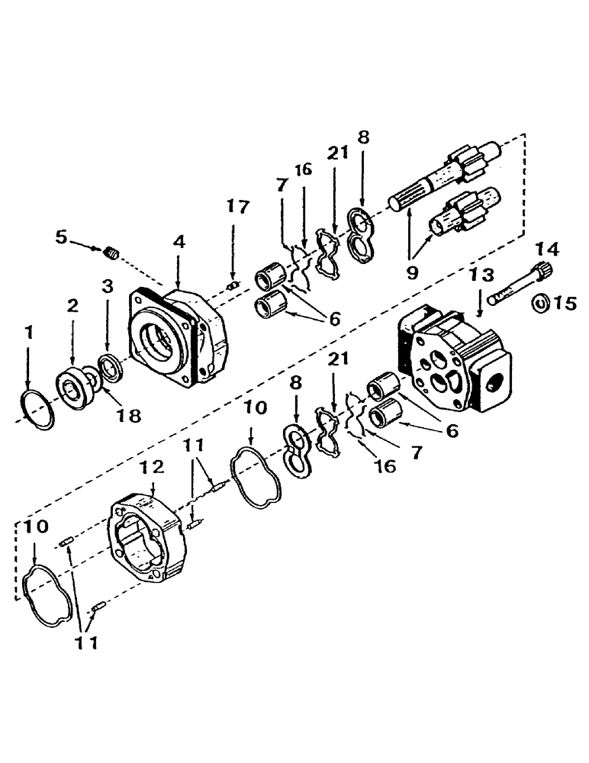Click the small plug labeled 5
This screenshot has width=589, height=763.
(113, 251)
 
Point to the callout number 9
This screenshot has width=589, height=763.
(412, 271)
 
